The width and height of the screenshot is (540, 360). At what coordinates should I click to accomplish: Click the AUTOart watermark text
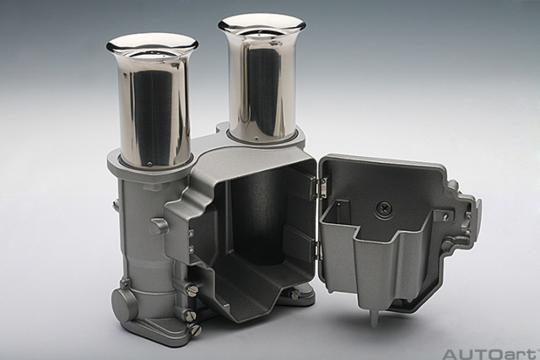[x=490, y=353]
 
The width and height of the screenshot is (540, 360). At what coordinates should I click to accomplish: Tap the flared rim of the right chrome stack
[x=262, y=23]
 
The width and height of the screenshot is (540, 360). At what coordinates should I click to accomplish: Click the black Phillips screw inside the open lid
[x=384, y=207]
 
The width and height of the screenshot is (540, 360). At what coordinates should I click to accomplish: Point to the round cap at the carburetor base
[x=124, y=304]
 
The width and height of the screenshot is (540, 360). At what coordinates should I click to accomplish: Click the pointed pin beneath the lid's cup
[x=373, y=318]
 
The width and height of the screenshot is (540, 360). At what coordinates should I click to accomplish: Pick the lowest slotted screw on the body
[x=195, y=330]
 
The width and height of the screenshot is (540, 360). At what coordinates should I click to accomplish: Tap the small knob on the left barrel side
[x=159, y=225]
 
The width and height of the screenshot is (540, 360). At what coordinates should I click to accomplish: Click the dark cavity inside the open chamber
[x=253, y=228]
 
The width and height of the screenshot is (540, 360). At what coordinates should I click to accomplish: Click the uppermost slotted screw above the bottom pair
[x=192, y=289]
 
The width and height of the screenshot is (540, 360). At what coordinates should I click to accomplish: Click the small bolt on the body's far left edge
[x=116, y=205]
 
